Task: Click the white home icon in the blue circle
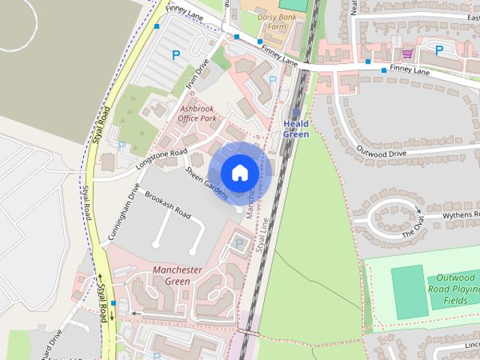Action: coord(239,173)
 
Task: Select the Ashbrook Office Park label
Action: coord(197,113)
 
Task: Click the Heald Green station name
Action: coord(296,128)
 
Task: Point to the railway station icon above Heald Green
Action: coord(295,112)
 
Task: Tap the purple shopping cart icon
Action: coord(407,53)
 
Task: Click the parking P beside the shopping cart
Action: coord(439,50)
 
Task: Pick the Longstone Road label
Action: coord(162,158)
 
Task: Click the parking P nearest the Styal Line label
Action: coord(239,243)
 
